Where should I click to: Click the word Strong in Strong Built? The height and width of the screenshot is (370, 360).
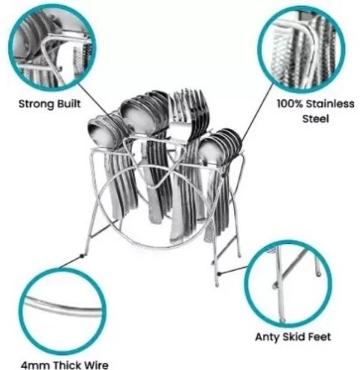(36, 104)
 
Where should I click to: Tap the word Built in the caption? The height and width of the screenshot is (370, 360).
(68, 104)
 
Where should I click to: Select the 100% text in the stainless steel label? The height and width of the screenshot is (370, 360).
(290, 104)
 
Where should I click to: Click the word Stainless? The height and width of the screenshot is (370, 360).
(330, 104)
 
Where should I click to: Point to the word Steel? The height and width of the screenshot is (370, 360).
(316, 119)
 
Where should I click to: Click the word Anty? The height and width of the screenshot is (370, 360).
(267, 337)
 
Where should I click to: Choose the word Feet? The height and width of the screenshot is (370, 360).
(319, 337)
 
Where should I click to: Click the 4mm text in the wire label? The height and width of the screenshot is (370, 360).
(35, 365)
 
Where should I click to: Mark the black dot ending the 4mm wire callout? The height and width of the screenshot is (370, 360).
(82, 256)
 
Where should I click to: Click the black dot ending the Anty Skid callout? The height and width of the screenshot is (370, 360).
(219, 274)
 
